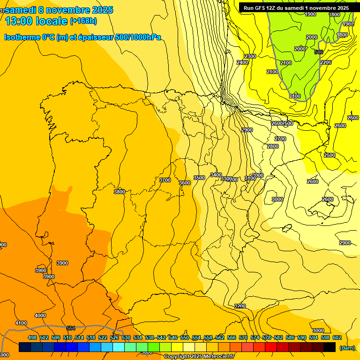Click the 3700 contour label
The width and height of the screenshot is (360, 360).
(165, 180)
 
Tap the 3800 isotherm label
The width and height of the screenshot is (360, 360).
(120, 192)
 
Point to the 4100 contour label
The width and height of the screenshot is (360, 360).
(21, 323)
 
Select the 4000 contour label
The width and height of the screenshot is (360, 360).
(40, 315)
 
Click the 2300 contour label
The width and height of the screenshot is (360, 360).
(250, 56)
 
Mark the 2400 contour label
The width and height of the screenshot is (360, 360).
(242, 62)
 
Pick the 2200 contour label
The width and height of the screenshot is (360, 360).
(326, 62)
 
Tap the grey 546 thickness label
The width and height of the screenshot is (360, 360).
(319, 52)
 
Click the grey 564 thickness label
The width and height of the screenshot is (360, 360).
(71, 328)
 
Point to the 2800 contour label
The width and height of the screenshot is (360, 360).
(273, 146)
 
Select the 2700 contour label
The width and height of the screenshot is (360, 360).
(280, 139)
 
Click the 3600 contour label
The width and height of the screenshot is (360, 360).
(185, 183)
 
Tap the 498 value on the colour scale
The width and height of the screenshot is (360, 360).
(32, 337)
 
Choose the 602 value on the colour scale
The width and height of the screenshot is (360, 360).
(337, 337)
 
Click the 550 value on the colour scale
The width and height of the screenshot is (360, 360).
(185, 337)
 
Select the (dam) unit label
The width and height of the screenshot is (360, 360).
(347, 347)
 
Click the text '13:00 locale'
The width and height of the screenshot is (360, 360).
(36, 21)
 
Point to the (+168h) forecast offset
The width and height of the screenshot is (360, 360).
(83, 21)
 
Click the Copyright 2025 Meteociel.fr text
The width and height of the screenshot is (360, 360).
(199, 357)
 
